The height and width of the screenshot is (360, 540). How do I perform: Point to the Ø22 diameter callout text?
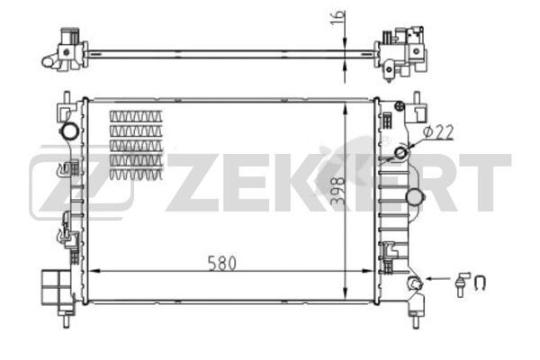point(436,131)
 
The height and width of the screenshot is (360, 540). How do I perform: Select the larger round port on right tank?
point(415,197)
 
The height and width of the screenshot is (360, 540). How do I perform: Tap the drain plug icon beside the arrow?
point(463,281)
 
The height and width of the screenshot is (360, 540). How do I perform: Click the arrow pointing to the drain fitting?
point(437,281)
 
